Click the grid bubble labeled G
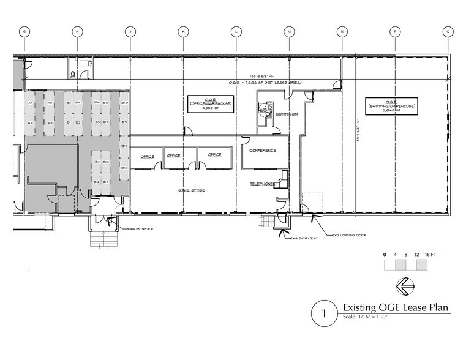(25, 31)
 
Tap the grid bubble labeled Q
(448, 31)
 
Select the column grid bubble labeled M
(289, 31)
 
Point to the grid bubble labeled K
(183, 31)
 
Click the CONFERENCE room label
(263, 150)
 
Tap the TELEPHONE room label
(262, 184)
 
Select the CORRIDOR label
(285, 114)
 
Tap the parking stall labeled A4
(29, 102)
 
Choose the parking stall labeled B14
(106, 182)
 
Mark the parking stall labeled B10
(124, 102)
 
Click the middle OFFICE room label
(173, 156)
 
